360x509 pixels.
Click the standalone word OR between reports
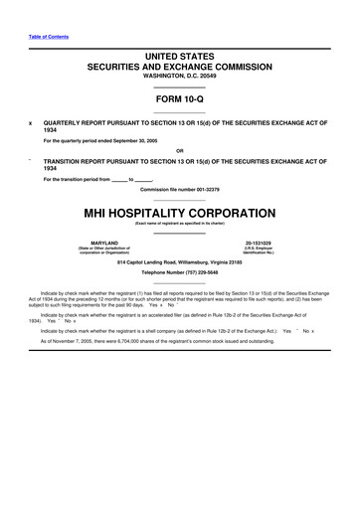click(180, 150)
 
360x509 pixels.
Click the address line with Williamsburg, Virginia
click(180, 261)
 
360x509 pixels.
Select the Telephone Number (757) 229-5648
click(180, 272)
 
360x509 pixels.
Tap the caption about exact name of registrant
click(180, 225)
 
